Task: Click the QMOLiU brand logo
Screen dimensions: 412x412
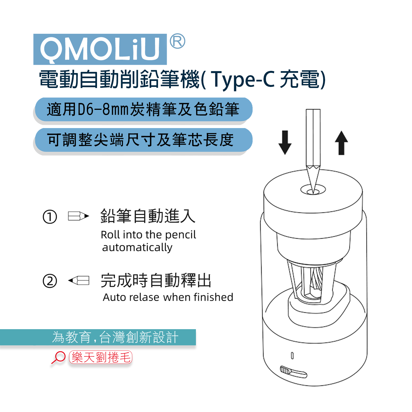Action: point(100,49)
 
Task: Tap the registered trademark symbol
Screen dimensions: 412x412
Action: point(177,41)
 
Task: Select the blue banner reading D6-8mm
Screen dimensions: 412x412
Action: point(143,110)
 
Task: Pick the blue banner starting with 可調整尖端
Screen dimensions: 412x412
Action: point(143,140)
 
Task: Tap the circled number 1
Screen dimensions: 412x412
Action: point(50,217)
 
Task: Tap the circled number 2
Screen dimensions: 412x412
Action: point(50,281)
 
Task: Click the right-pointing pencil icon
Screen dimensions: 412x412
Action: point(78,216)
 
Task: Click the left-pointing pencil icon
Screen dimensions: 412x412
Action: point(79,280)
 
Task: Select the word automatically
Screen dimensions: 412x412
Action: point(137,247)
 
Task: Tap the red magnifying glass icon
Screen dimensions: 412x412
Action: point(59,357)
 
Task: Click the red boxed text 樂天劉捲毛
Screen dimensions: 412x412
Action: point(101,357)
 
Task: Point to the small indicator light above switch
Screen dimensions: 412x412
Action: point(292,356)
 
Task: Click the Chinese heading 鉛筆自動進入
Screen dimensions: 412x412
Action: point(148,216)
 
